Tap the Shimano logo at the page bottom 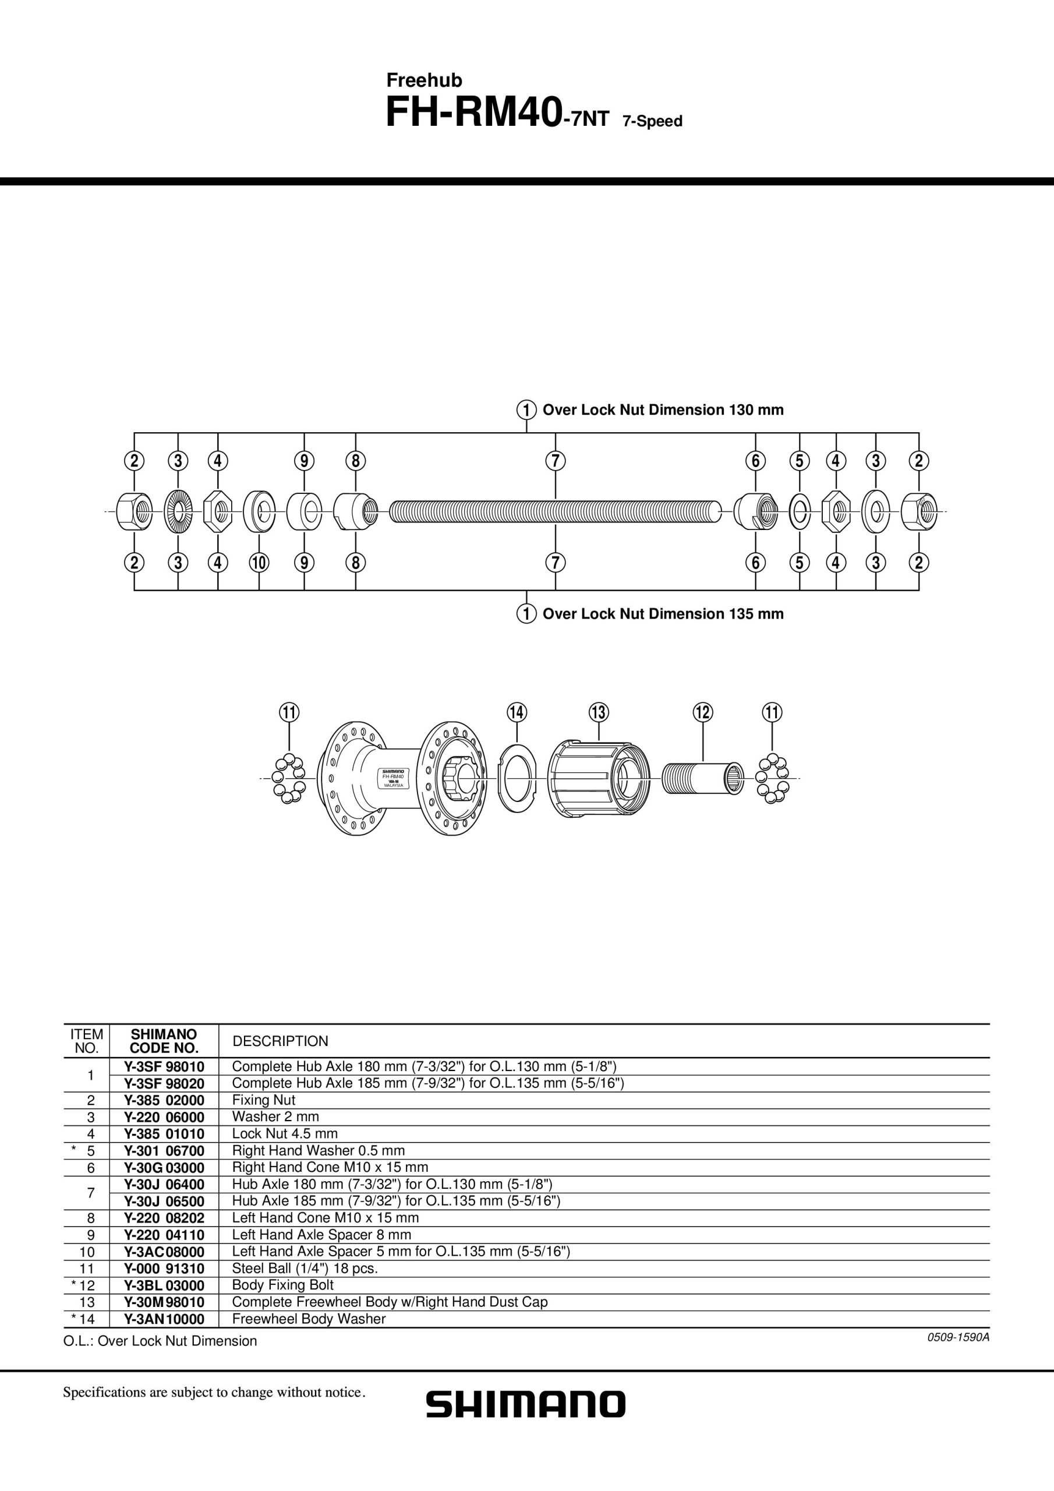[526, 1404]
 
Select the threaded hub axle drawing [556, 511]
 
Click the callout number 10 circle [259, 561]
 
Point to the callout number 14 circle [517, 712]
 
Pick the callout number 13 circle [598, 712]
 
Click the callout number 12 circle [703, 712]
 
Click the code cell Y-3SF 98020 [164, 1083]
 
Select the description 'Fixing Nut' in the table [264, 1100]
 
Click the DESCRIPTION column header [281, 1041]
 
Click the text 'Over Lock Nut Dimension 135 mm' [663, 614]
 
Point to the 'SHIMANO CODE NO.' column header [164, 1041]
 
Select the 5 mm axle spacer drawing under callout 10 [259, 511]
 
